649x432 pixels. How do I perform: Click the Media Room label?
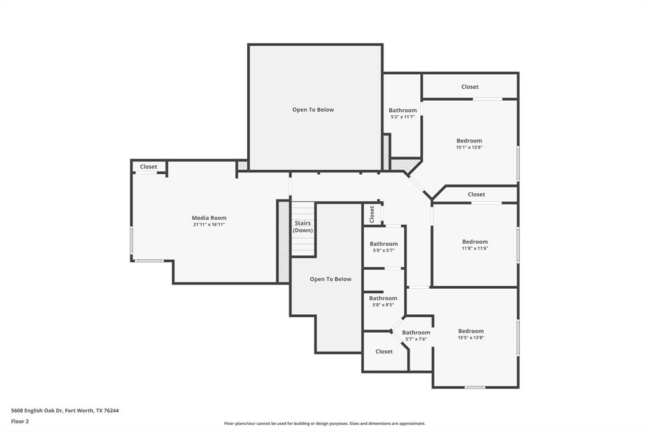209,218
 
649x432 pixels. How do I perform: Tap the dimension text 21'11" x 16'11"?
209,224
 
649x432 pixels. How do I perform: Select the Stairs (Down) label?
303,227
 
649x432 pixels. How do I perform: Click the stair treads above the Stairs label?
303,210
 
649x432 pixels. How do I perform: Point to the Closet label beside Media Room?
148,167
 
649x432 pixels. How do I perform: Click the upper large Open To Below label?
313,110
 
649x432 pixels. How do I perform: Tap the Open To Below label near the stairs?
330,279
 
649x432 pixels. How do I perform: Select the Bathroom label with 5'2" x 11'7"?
402,110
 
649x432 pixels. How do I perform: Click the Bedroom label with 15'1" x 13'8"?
469,141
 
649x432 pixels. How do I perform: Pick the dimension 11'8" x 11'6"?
475,248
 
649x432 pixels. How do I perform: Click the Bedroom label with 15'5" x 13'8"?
471,331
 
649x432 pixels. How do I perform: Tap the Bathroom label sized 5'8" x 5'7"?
383,244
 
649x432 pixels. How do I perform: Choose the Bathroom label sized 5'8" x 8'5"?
383,298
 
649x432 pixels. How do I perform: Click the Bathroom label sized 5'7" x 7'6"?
416,333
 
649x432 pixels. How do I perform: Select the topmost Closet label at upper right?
470,87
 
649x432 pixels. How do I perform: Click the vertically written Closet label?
372,213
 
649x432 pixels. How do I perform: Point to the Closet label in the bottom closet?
384,352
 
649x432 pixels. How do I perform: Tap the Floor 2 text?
20,421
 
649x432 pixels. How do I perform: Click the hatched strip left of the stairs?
283,241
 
